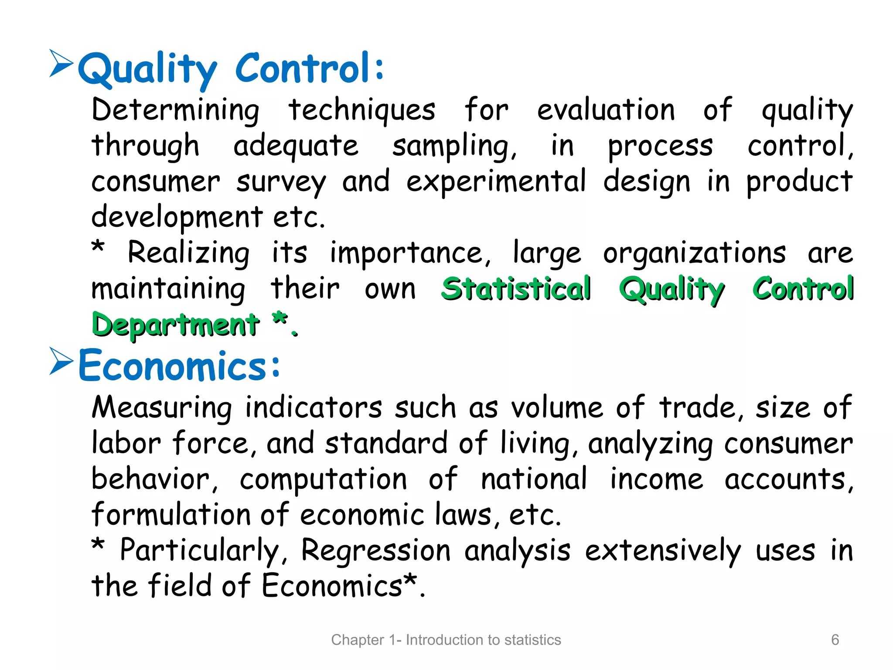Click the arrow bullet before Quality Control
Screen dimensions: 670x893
(61, 64)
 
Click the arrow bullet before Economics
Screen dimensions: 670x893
(61, 361)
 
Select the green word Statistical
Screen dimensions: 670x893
(516, 289)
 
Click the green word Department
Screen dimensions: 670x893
(176, 325)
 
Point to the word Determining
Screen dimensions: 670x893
(175, 110)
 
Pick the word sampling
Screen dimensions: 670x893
(453, 147)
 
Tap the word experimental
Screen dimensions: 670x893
(496, 181)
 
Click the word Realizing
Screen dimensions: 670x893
(188, 253)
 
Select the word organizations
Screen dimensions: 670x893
(694, 253)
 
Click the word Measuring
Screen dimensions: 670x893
(162, 408)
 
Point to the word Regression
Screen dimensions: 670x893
(375, 550)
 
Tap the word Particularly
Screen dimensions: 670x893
(203, 550)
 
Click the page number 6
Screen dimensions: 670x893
(835, 640)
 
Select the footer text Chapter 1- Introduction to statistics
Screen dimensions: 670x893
(446, 640)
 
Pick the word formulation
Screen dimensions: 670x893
(171, 515)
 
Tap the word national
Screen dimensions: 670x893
(534, 479)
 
